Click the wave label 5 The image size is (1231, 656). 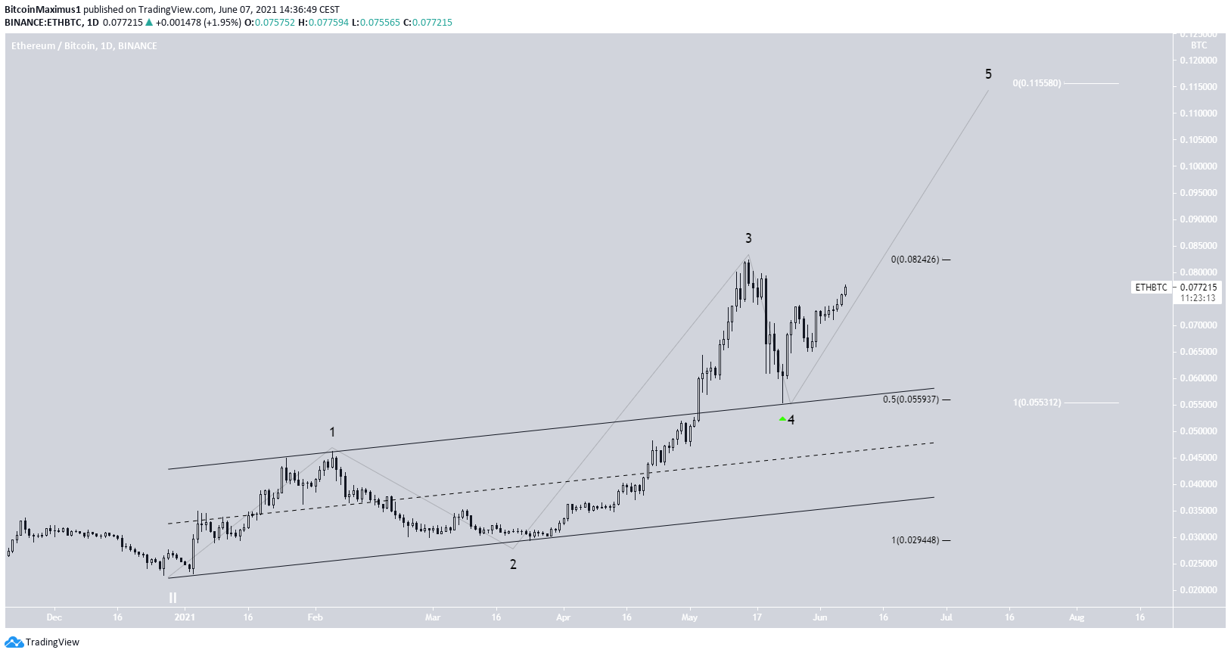click(988, 74)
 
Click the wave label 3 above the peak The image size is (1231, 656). click(748, 238)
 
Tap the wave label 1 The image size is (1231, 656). click(332, 432)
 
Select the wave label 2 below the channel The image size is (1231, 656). click(513, 564)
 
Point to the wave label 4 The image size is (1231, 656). click(791, 420)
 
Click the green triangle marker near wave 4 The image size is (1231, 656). click(782, 418)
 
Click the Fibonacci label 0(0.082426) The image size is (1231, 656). click(915, 260)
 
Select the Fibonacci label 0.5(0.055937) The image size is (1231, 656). click(911, 400)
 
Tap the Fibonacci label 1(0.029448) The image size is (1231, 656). click(915, 540)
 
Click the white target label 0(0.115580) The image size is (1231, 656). click(1037, 83)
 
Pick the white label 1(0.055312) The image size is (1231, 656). click(1037, 403)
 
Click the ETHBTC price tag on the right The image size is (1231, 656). click(1151, 288)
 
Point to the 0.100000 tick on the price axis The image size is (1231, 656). click(1198, 166)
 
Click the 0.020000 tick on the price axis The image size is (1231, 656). click(1198, 590)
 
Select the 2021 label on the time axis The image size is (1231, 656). click(185, 617)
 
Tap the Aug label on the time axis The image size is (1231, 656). click(1077, 617)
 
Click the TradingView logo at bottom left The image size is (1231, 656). click(42, 642)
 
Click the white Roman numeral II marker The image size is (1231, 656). click(173, 598)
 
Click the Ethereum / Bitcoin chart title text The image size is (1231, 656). click(84, 46)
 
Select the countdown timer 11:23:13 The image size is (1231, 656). click(1198, 298)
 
